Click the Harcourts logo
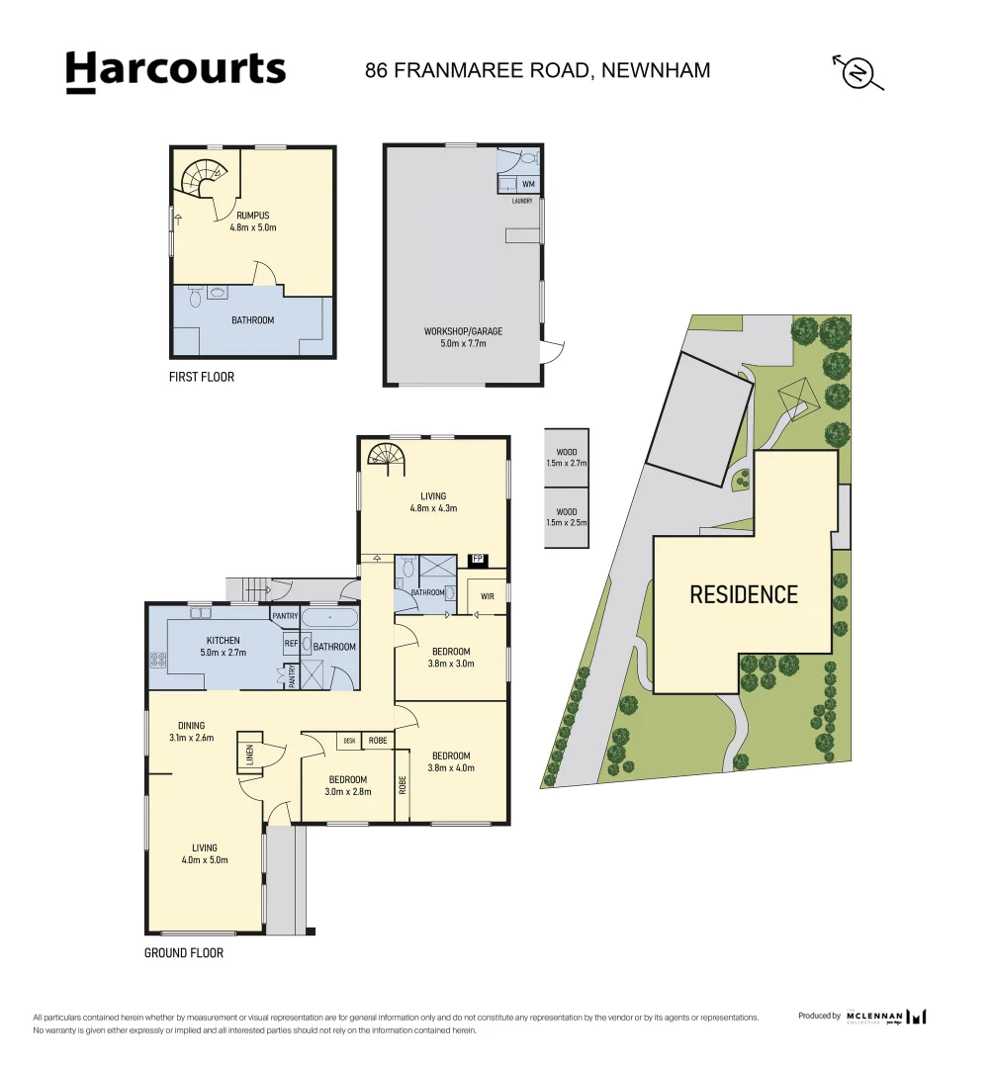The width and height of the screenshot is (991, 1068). tap(175, 71)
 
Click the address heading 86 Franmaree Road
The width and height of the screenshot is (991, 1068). tap(537, 70)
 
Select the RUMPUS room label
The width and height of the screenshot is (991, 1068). tap(252, 221)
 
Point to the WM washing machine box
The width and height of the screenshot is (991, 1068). tap(528, 184)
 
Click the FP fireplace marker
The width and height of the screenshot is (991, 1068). tap(478, 560)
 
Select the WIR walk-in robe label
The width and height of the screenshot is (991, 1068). tap(487, 596)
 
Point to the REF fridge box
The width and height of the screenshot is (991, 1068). tap(291, 644)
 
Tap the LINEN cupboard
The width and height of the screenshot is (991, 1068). tap(249, 756)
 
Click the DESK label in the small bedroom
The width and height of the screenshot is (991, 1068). tap(348, 740)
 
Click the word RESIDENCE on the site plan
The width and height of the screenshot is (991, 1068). tap(743, 594)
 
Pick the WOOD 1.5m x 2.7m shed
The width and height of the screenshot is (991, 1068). tap(566, 457)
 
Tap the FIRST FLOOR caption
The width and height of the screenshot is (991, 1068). tap(201, 377)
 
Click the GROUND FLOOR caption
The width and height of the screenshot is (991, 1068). tap(184, 953)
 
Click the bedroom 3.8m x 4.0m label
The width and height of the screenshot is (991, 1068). tap(453, 761)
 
